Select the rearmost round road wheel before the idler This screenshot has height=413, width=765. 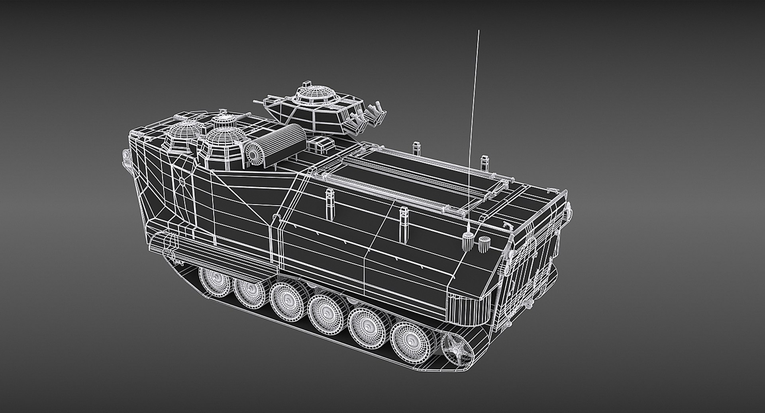(x=410, y=338)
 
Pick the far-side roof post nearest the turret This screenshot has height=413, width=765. (x=417, y=149)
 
